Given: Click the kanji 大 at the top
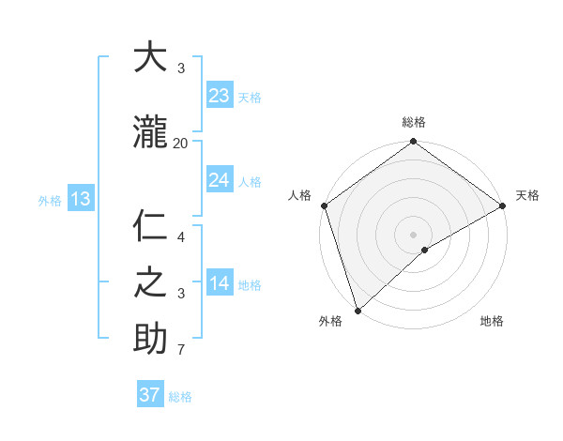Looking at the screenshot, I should point(150,58).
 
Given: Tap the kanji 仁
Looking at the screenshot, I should point(150,226).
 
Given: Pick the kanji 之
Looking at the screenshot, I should point(150,282).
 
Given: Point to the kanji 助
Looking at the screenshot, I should point(150,339).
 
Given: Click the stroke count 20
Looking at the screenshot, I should point(180,144).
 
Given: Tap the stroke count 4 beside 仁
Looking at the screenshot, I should point(180,237).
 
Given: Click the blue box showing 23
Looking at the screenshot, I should point(220,96).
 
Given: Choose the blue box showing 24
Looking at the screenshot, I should point(220,180).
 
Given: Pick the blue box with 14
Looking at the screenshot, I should point(220,283).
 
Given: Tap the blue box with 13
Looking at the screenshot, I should point(80,199).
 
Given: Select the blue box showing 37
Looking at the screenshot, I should point(150,395).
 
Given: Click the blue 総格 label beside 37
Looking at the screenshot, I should point(180,397).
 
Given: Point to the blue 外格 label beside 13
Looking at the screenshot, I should point(49,200).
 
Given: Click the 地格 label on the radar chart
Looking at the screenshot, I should point(492,322).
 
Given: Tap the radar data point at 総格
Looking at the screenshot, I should point(413,143).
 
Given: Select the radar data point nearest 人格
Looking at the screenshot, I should point(324,205).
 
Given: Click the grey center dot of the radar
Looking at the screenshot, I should point(413,234).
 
